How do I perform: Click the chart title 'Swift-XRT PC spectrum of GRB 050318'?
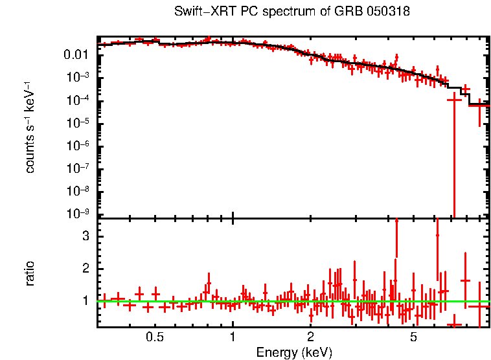(x=293, y=12)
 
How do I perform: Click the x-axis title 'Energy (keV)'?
(x=294, y=352)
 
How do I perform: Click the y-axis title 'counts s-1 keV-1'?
(x=30, y=128)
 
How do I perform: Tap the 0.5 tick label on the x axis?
(x=154, y=337)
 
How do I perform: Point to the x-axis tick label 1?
(x=233, y=337)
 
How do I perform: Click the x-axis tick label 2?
(x=311, y=337)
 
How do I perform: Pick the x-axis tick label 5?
(x=414, y=337)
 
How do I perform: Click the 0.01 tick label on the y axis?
(x=76, y=54)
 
